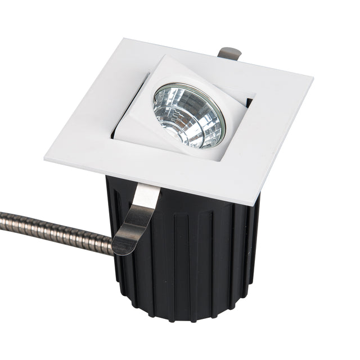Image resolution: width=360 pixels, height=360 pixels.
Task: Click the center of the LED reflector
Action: click(x=188, y=115)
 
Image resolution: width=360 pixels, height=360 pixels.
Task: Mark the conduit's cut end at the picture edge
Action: click(x=2, y=216)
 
